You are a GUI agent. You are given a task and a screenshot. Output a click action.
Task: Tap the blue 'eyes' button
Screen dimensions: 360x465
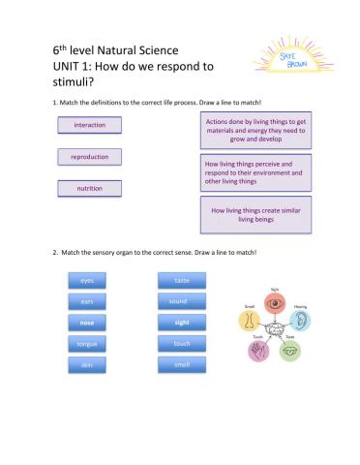86,280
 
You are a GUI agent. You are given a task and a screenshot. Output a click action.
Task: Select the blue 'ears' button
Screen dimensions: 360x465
86,301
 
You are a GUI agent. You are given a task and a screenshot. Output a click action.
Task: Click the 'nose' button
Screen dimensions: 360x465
86,322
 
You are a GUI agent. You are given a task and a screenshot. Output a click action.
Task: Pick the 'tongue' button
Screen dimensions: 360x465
86,343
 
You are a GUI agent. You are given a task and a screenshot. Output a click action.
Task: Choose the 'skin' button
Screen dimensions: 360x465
86,364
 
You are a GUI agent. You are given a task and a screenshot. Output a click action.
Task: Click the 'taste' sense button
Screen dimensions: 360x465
182,280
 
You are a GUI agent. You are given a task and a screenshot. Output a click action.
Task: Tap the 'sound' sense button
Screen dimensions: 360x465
182,301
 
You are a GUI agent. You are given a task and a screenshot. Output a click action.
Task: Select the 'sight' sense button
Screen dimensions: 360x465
182,322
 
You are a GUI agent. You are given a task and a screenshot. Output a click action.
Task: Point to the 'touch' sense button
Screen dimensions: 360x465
182,343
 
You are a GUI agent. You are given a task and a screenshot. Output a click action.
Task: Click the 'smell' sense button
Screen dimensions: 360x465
182,364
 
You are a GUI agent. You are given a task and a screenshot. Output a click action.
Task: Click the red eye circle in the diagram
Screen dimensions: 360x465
273,302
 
